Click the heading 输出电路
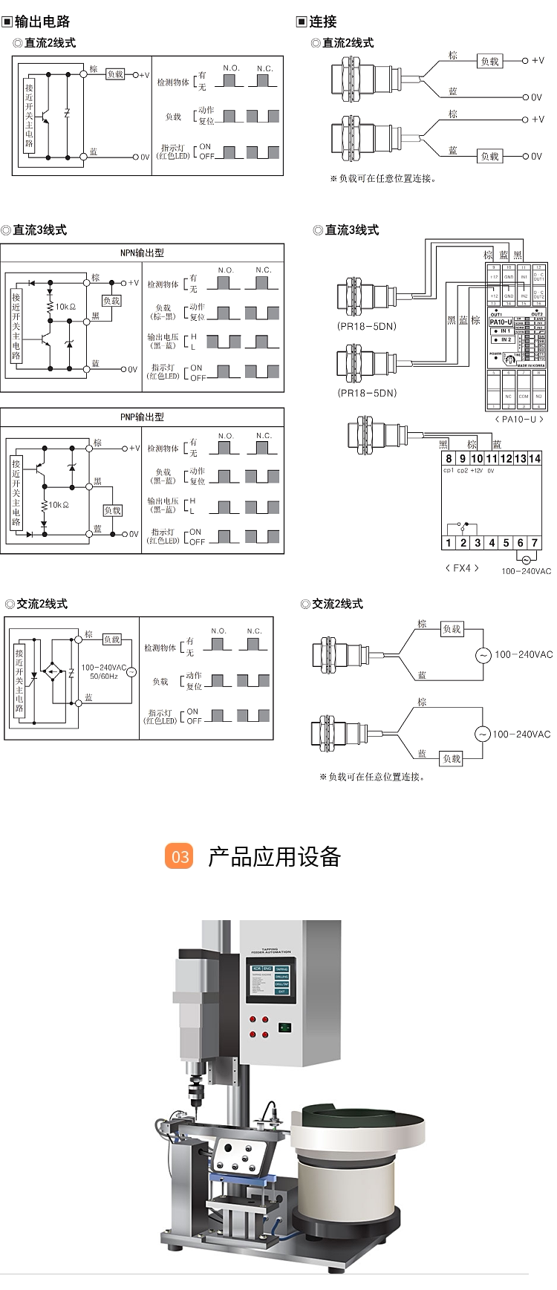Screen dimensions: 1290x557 point(42,22)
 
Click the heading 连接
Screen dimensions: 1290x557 point(322,22)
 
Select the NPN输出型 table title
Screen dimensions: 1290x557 point(142,253)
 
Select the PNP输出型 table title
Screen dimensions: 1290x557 point(142,417)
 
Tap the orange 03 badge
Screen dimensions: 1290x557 point(179,857)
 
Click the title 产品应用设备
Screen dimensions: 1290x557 point(274,857)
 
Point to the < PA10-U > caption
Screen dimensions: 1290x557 point(518,419)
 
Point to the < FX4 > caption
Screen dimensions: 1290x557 point(462,568)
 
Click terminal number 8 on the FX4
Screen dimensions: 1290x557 point(449,458)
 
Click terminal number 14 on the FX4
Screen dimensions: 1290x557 point(534,458)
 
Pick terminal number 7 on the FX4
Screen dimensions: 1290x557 point(534,543)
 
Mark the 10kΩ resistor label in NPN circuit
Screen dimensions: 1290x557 point(65,307)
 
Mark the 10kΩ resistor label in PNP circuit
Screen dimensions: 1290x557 point(59,505)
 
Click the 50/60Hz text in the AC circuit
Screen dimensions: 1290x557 point(103,677)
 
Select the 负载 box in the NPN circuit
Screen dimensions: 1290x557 point(111,301)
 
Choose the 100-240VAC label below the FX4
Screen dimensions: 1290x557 point(526,571)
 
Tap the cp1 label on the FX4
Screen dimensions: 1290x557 point(449,470)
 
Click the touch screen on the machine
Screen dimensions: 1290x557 point(271,982)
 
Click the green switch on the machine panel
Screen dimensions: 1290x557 point(283,1028)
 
